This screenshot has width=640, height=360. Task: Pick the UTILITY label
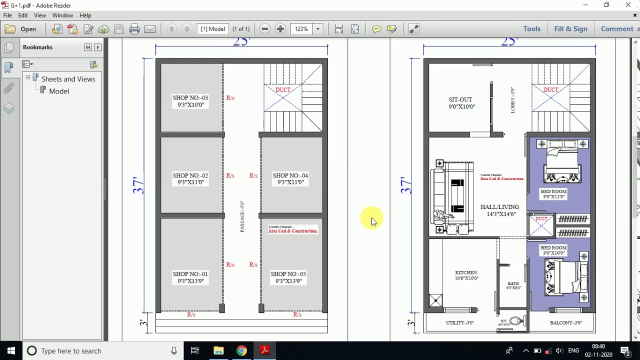pos(459,323)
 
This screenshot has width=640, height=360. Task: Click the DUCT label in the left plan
pos(283,90)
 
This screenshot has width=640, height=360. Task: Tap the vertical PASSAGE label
pos(242,216)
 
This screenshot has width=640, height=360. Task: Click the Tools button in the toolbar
pos(531,29)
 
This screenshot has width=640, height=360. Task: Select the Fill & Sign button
pos(570,29)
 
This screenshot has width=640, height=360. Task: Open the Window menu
pos(62,15)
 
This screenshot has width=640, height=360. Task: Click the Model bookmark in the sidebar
pos(59,91)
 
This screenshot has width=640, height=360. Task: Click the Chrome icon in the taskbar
pos(241,350)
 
